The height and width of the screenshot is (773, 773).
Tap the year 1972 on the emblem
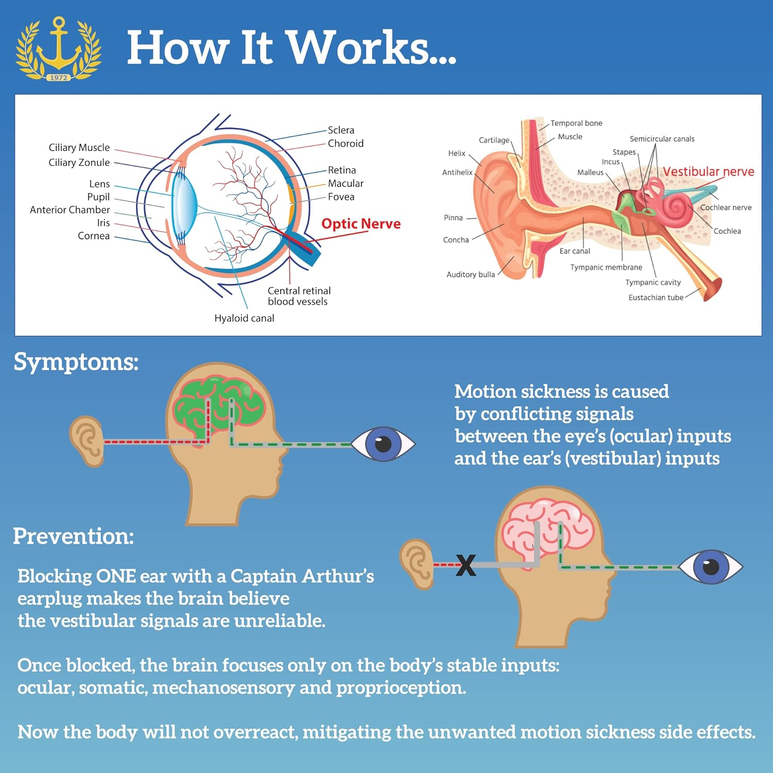[x=58, y=77]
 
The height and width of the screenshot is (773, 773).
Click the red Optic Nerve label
[x=361, y=224]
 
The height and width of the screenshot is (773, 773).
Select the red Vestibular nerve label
[x=708, y=172]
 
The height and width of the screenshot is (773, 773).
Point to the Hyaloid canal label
[x=244, y=318]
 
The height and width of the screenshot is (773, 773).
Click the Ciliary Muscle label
[x=79, y=147]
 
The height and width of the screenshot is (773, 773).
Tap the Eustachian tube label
[x=656, y=297]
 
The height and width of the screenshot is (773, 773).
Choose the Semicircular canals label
[x=662, y=139]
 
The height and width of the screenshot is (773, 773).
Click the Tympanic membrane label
[x=606, y=267]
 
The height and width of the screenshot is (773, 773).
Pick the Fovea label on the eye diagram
[x=341, y=196]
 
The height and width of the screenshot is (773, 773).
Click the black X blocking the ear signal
[x=466, y=565]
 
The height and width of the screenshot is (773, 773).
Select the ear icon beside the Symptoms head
[x=87, y=441]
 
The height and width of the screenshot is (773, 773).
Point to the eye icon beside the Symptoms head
[x=383, y=443]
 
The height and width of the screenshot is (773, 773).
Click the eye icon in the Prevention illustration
[x=711, y=566]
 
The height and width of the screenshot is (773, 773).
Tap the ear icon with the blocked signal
[x=416, y=564]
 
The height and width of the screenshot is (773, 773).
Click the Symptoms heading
[x=76, y=362]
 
